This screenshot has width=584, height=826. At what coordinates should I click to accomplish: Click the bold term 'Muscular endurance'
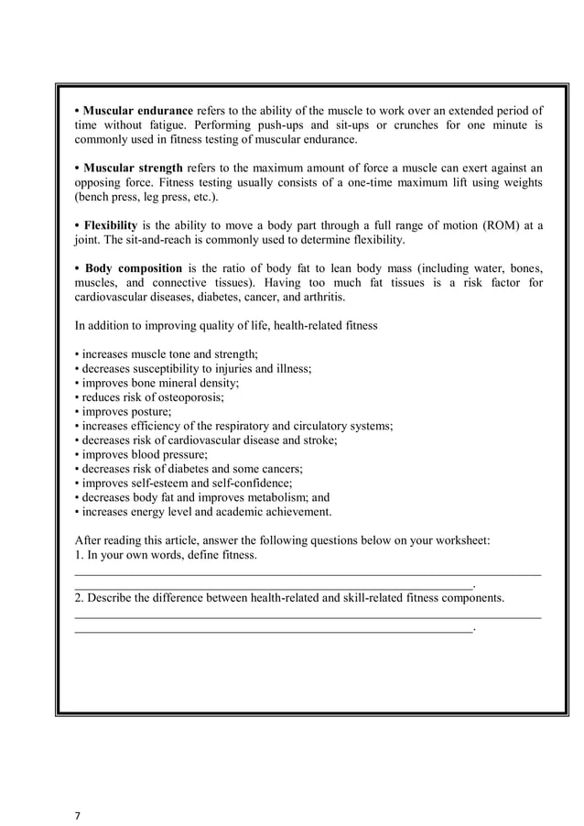tap(138, 111)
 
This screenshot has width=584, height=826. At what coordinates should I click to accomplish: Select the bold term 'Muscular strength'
tap(134, 168)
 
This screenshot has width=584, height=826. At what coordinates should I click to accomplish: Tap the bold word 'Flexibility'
tap(111, 225)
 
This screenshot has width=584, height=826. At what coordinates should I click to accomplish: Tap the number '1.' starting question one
tap(79, 555)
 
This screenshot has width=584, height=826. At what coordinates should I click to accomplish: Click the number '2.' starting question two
tap(79, 597)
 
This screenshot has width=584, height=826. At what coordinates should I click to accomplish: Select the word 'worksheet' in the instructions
tap(460, 540)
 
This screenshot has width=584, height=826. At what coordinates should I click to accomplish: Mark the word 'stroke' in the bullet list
tap(320, 440)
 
